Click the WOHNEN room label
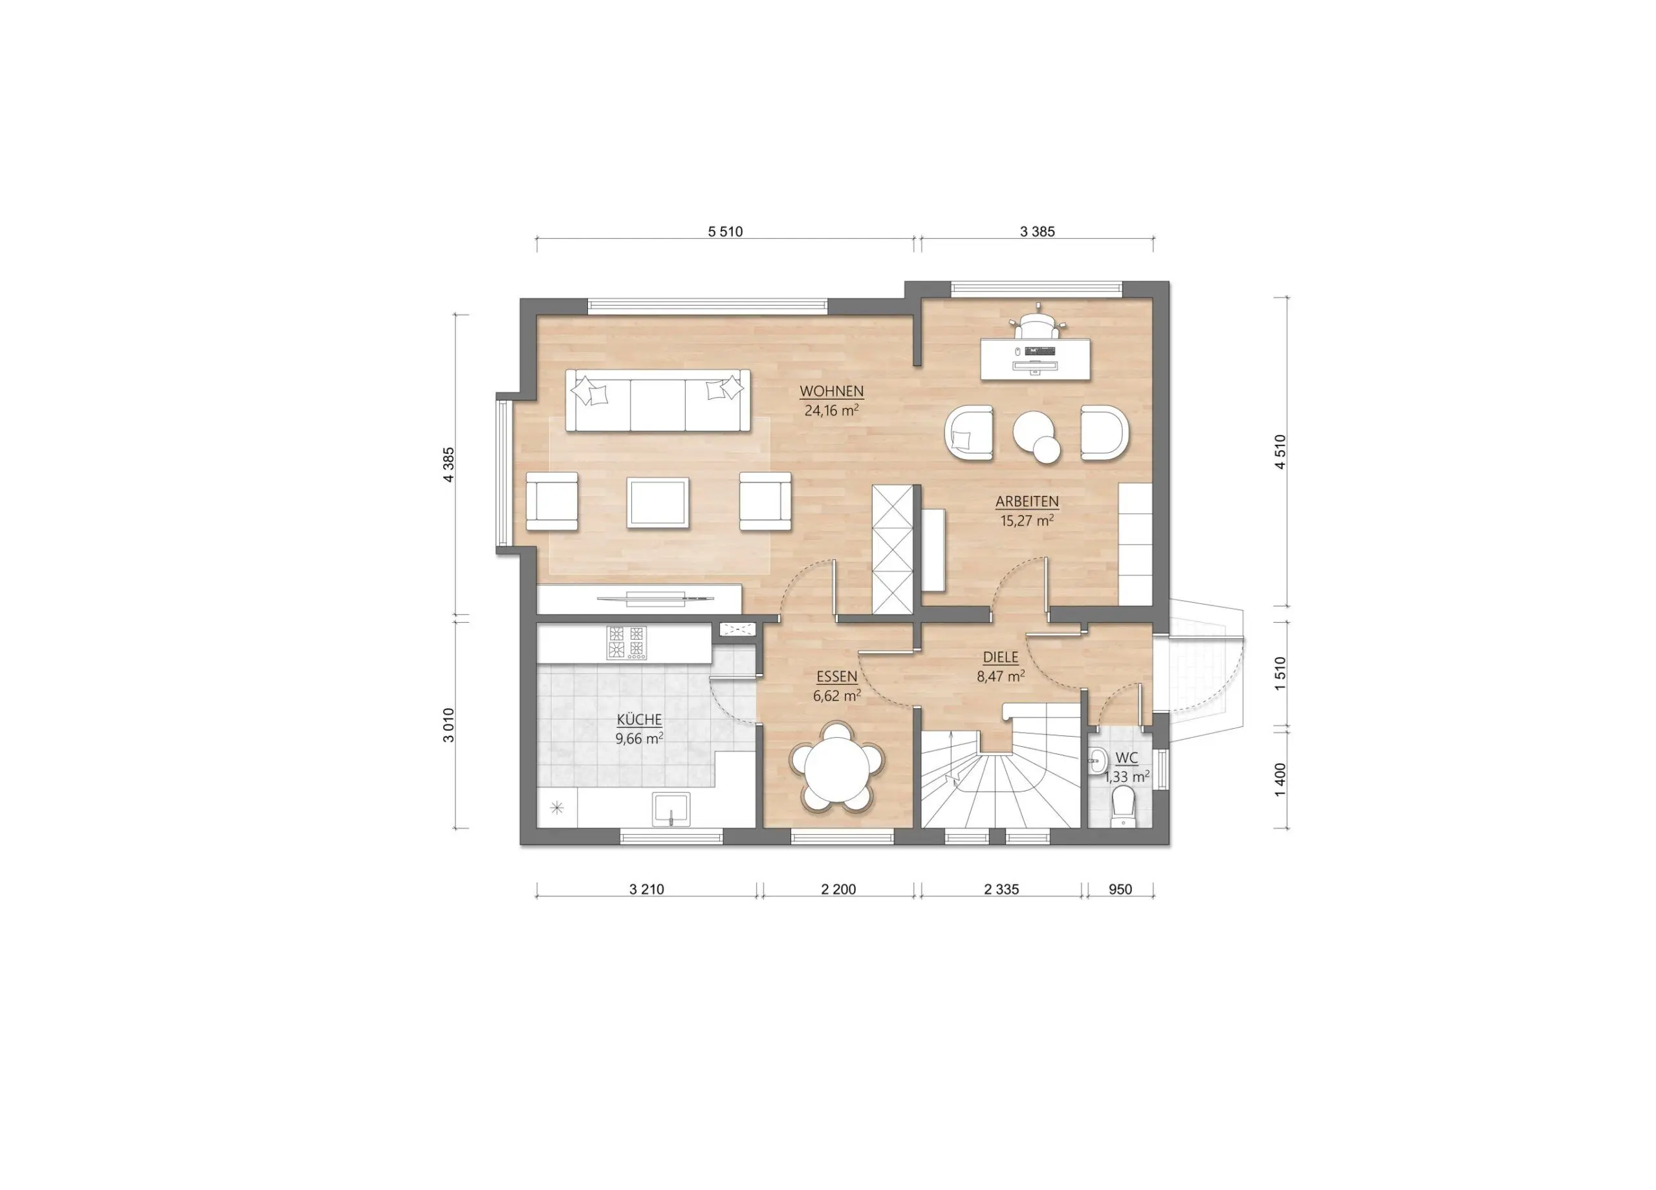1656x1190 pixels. [x=832, y=391]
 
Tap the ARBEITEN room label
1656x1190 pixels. [x=1027, y=502]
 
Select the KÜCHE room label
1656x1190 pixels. [x=639, y=720]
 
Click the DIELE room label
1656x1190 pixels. [x=1000, y=658]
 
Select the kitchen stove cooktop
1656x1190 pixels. [x=626, y=644]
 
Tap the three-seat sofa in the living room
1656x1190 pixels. [x=659, y=401]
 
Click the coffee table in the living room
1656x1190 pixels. [x=658, y=503]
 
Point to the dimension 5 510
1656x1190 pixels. [x=725, y=232]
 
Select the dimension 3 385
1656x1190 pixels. [x=1038, y=232]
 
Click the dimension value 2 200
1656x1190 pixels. [x=838, y=889]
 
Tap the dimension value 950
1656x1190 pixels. [x=1120, y=889]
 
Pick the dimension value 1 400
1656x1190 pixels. [x=1280, y=781]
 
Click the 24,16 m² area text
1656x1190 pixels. [x=831, y=410]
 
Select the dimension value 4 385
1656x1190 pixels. [x=448, y=464]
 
